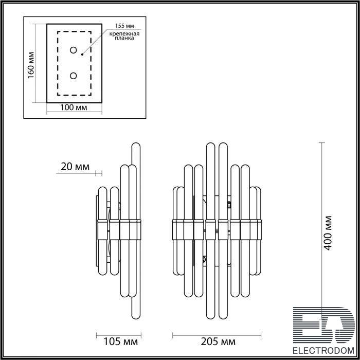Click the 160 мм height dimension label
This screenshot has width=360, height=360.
31,65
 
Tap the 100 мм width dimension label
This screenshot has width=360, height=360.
74,107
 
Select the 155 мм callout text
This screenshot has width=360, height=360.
124,26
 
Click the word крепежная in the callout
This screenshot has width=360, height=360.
124,34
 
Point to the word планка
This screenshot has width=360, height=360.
124,38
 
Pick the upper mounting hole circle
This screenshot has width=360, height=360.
74,50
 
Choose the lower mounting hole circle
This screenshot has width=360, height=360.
74,76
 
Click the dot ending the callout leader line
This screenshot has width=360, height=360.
82,55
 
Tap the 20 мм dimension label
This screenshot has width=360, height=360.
75,167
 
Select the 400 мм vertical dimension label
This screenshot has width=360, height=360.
328,233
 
